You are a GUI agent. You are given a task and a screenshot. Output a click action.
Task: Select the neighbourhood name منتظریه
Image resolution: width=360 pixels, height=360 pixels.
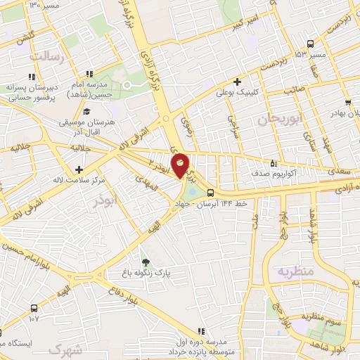(292, 271)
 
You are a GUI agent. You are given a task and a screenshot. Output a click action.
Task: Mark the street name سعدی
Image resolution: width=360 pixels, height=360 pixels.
(339, 171)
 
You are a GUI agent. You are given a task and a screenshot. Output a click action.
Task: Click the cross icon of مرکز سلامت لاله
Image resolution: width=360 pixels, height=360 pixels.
(78, 169)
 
